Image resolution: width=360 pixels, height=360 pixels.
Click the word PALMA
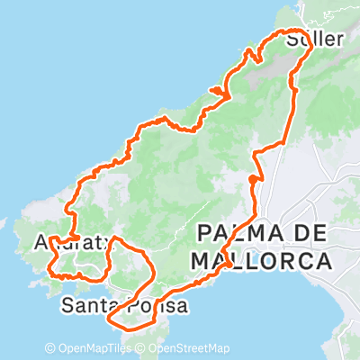pyautogui.click(x=235, y=234)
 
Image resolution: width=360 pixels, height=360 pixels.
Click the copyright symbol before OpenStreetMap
pyautogui.click(x=140, y=348)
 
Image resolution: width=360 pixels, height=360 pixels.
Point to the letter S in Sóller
pyautogui.click(x=291, y=40)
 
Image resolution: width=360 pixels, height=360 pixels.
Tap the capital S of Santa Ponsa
pyautogui.click(x=67, y=306)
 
